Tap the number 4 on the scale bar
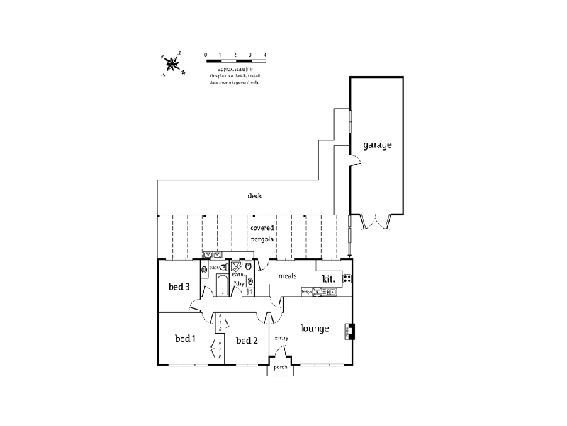pyautogui.click(x=265, y=54)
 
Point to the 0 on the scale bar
pyautogui.click(x=206, y=54)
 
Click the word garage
pyautogui.click(x=377, y=145)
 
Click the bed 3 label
pyautogui.click(x=179, y=287)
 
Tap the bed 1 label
pyautogui.click(x=185, y=339)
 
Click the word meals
pyautogui.click(x=286, y=275)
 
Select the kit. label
pyautogui.click(x=329, y=279)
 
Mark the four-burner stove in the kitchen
pyautogui.click(x=347, y=278)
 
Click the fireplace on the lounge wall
pyautogui.click(x=350, y=332)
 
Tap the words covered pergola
pyautogui.click(x=262, y=234)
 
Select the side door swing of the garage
pyautogui.click(x=358, y=164)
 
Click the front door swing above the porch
pyautogui.click(x=285, y=353)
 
